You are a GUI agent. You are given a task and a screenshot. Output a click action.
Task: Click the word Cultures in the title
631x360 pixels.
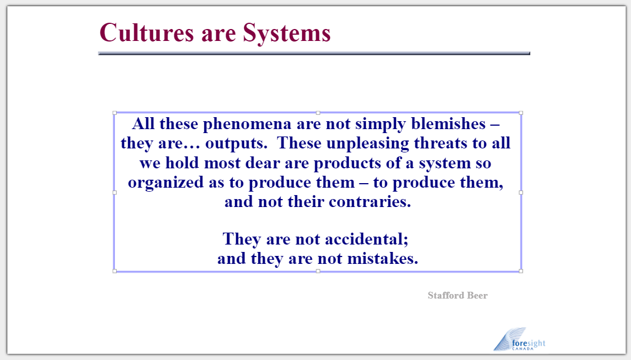pos(147,32)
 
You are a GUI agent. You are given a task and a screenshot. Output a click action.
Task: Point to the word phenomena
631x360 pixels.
pos(247,125)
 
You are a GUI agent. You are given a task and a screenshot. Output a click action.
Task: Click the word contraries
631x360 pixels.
pos(370,202)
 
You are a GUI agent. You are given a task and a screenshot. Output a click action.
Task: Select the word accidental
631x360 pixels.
pos(366,239)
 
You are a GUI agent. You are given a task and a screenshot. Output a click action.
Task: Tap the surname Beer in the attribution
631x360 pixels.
pos(478,296)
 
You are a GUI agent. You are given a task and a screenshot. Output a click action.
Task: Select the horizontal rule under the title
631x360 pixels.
pos(314,53)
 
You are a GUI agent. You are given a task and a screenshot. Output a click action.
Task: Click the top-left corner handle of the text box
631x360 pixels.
pos(115,113)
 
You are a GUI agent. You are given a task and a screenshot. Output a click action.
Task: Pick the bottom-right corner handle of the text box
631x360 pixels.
pos(521,271)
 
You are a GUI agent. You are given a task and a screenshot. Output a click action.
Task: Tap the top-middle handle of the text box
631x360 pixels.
pos(318,113)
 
